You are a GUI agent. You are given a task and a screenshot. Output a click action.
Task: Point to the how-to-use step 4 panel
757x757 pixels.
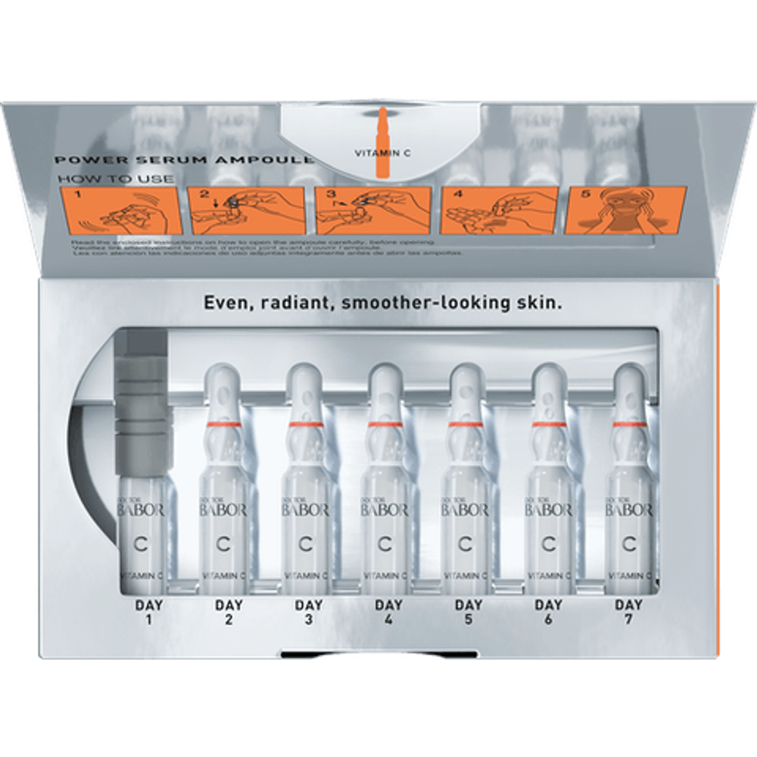tap(498, 210)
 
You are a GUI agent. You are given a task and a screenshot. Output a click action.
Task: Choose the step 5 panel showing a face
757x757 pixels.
tap(625, 210)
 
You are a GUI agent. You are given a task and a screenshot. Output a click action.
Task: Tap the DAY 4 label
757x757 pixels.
tap(388, 612)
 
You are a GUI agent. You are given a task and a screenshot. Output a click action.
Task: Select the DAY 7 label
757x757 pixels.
tap(628, 612)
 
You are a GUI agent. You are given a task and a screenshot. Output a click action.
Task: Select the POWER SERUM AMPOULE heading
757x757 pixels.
tap(182, 160)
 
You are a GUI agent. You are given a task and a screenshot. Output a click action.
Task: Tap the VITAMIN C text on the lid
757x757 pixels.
tap(382, 152)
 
